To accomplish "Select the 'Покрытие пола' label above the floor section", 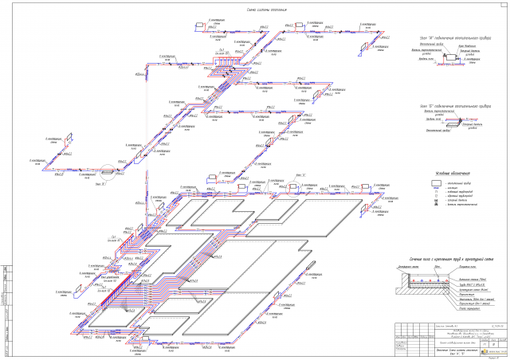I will [x=465, y=271].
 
